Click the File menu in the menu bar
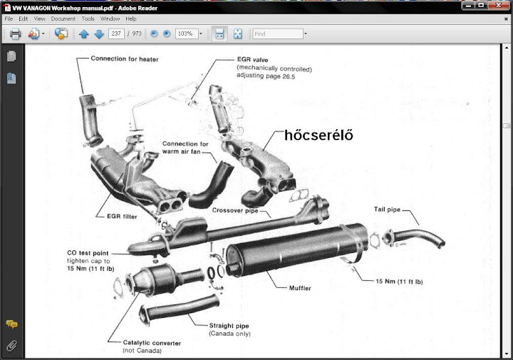[x=9, y=19]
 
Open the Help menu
[x=130, y=19]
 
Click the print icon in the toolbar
[x=15, y=34]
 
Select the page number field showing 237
[x=117, y=34]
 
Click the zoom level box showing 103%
[x=186, y=34]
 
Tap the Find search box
[x=278, y=34]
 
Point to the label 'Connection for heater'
[x=124, y=58]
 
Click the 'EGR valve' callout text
[x=255, y=61]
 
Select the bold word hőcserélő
[x=319, y=135]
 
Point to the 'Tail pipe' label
[x=388, y=210]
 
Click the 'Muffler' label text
[x=300, y=287]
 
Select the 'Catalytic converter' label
[x=152, y=343]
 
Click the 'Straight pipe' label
[x=229, y=326]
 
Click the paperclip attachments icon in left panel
[x=11, y=346]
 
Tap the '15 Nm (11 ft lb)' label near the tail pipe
[x=399, y=282]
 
